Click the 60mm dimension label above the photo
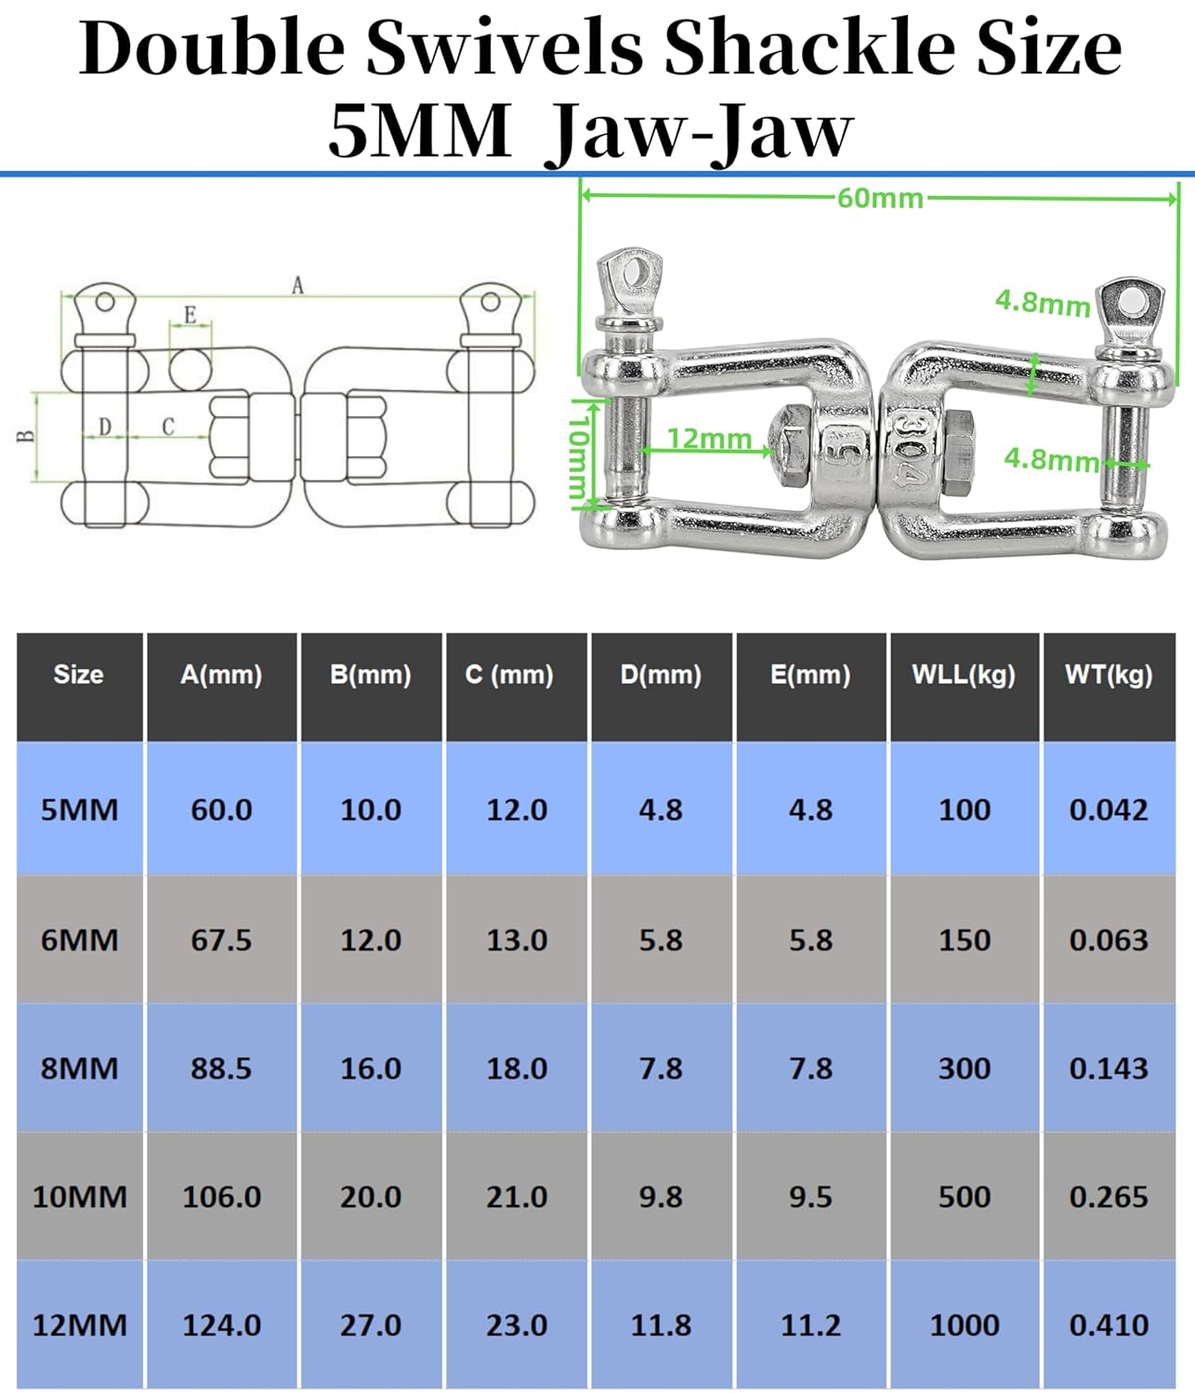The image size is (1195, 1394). (879, 198)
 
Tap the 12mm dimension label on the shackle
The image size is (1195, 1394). (709, 439)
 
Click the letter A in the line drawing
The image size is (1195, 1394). (297, 284)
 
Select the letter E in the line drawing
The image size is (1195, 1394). (190, 315)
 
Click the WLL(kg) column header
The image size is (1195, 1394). (964, 675)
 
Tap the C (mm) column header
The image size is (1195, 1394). (509, 675)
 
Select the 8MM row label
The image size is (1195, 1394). (79, 1069)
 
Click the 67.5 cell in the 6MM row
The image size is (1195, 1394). (221, 940)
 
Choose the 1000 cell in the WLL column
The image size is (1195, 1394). (965, 1325)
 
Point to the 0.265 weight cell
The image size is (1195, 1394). (1109, 1197)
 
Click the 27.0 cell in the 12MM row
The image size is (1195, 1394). (370, 1325)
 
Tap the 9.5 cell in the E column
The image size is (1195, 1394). (810, 1197)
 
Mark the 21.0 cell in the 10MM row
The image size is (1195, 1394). (517, 1197)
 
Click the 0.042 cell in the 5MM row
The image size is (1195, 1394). (1109, 810)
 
